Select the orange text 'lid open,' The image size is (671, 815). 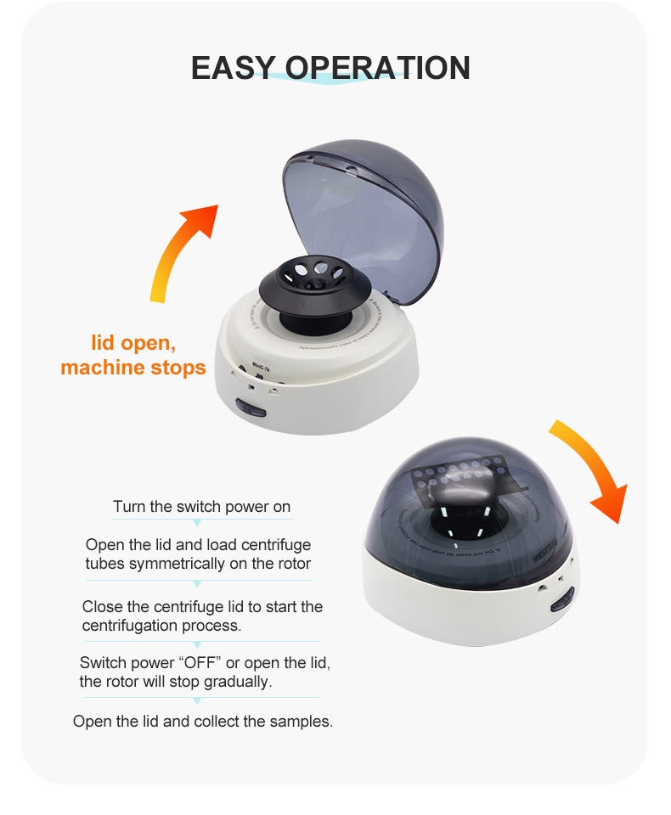coord(133,344)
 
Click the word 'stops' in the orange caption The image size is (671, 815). coord(176,368)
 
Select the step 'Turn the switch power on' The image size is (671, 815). coord(201,507)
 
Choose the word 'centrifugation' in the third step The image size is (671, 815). coord(130,626)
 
